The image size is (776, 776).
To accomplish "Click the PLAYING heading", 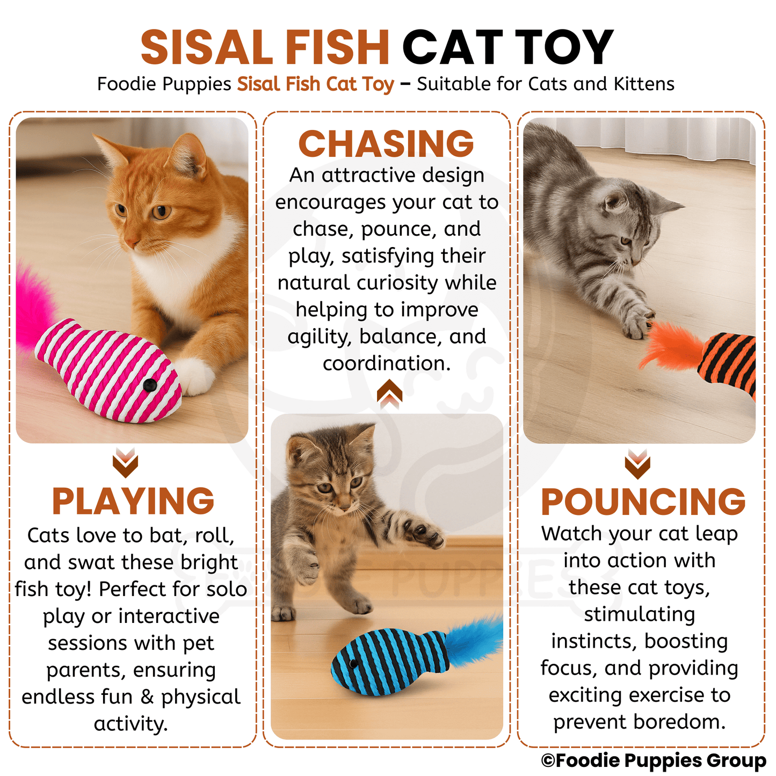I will pos(133,502).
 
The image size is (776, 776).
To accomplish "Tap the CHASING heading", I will pos(386,144).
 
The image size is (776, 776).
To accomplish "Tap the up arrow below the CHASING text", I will pos(389,394).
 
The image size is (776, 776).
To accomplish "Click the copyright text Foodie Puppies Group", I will pos(653,760).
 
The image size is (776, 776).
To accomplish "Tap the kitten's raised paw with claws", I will pos(425,532).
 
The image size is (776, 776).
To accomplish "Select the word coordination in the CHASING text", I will pos(386,364).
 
